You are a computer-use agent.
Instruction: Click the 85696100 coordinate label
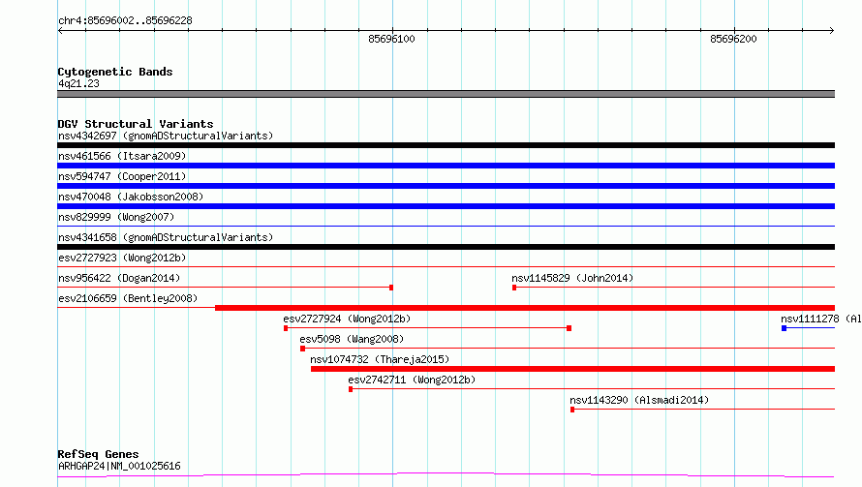pos(391,39)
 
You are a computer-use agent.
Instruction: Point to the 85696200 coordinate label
pos(733,39)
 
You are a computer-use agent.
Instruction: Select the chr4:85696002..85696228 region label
pos(125,21)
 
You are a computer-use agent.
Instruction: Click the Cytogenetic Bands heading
pos(115,72)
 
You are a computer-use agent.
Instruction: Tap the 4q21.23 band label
pos(78,83)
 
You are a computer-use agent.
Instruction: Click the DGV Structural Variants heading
pos(136,124)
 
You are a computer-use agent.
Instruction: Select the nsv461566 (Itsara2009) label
pos(122,156)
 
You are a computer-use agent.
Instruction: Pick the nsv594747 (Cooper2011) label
pos(122,176)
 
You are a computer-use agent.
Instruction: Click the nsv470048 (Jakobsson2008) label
pos(131,197)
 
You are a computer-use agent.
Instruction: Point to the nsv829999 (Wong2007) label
pos(116,217)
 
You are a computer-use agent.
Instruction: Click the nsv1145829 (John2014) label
pos(572,278)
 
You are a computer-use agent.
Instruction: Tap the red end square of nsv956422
pos(391,288)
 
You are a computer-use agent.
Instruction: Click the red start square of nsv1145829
pos(514,288)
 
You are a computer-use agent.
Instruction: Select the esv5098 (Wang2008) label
pos(352,339)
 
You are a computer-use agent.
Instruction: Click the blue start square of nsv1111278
pos(784,328)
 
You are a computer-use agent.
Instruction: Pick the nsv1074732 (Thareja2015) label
pos(380,359)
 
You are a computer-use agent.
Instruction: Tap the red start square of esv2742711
pos(351,389)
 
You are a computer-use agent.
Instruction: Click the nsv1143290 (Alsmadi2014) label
pos(639,400)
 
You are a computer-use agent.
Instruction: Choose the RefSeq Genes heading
pos(99,454)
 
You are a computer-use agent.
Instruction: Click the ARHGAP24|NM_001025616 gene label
pos(119,466)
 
